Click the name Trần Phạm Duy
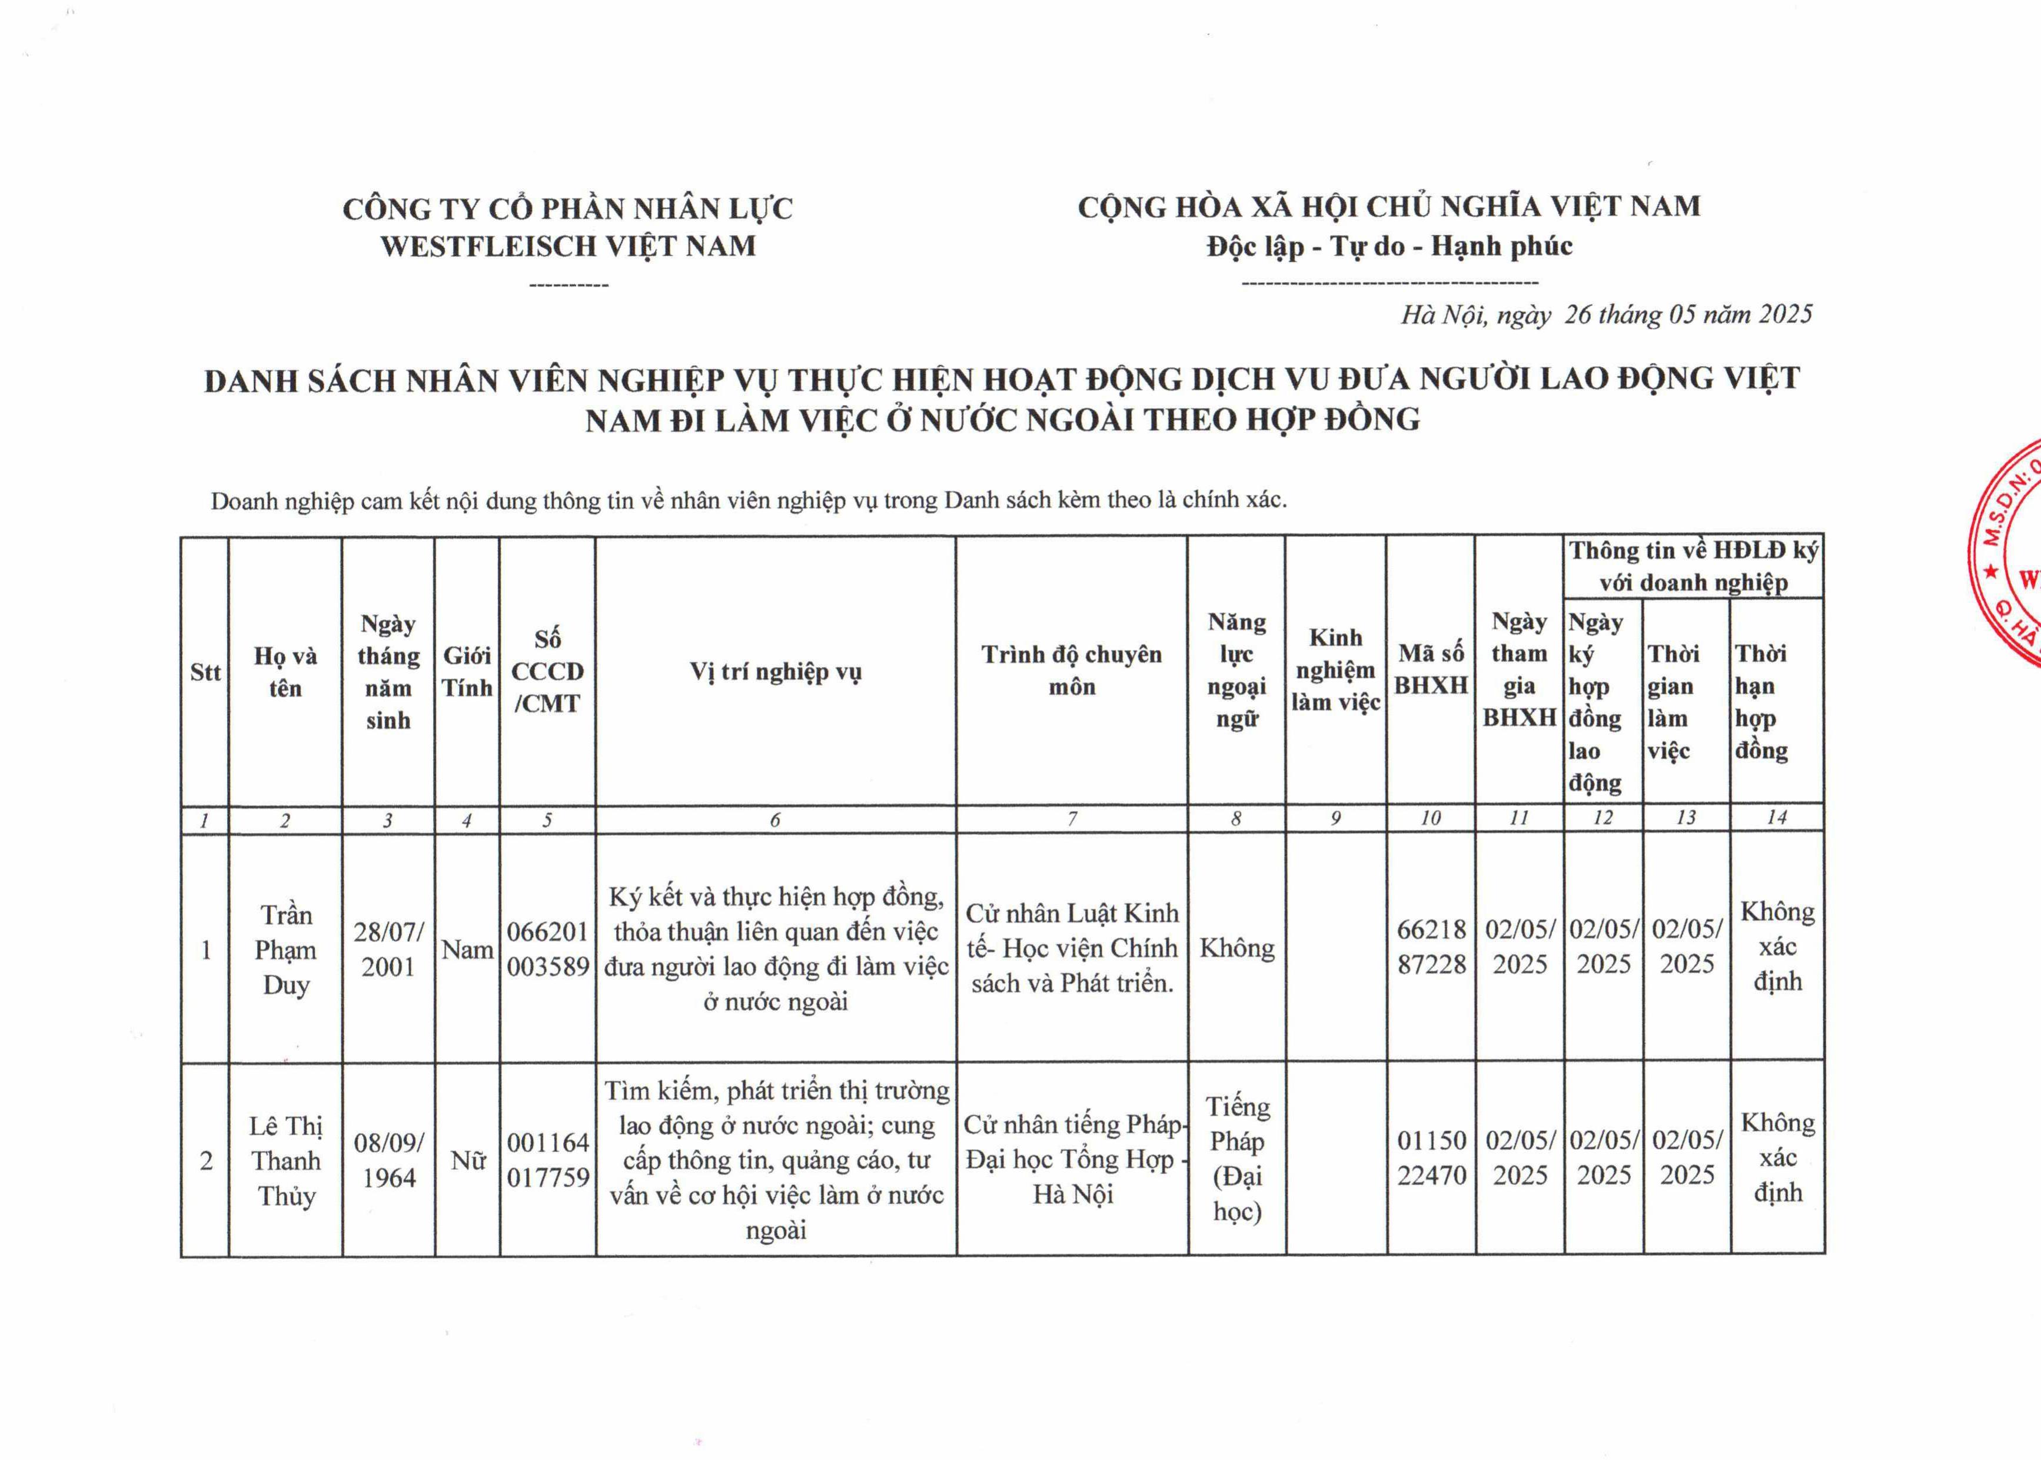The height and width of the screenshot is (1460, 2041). pyautogui.click(x=286, y=950)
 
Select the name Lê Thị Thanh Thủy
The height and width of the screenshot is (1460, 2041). pyautogui.click(x=286, y=1160)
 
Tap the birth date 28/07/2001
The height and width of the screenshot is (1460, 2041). pyautogui.click(x=388, y=950)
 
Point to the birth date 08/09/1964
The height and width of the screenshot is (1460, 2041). pyautogui.click(x=388, y=1160)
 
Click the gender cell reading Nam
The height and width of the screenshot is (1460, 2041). pyautogui.click(x=467, y=950)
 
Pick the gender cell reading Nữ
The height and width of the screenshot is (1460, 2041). pyautogui.click(x=467, y=1160)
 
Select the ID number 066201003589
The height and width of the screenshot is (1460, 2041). pyautogui.click(x=547, y=950)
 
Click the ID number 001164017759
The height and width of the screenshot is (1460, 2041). pyautogui.click(x=547, y=1160)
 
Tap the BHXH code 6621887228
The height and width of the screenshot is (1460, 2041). pyautogui.click(x=1431, y=947)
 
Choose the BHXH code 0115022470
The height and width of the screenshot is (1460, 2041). pyautogui.click(x=1431, y=1158)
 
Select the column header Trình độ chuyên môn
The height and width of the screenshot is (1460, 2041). pyautogui.click(x=1071, y=671)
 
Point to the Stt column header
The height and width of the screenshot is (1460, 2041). pyautogui.click(x=205, y=672)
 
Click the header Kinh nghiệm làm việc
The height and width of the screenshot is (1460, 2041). pyautogui.click(x=1335, y=671)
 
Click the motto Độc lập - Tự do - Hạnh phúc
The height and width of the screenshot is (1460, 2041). pyautogui.click(x=1390, y=246)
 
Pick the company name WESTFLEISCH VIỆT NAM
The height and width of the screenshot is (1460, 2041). pyautogui.click(x=568, y=246)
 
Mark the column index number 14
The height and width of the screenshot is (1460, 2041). pyautogui.click(x=1777, y=817)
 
